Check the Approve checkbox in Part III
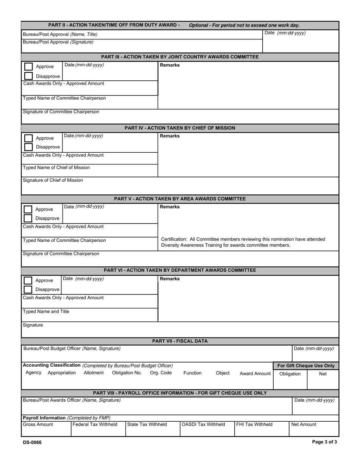(28, 67)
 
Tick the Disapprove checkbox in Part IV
(28, 147)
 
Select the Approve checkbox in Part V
(28, 210)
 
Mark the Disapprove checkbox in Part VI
(28, 289)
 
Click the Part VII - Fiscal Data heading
(180, 341)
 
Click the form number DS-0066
(32, 442)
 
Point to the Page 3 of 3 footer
(324, 442)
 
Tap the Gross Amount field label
(38, 424)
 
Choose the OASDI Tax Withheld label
(203, 424)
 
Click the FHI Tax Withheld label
(254, 424)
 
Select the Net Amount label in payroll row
(304, 424)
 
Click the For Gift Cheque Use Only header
(306, 366)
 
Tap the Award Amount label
(255, 374)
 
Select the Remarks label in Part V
(170, 207)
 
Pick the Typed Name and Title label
(46, 311)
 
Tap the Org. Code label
(161, 373)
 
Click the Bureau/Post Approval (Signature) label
(58, 42)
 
